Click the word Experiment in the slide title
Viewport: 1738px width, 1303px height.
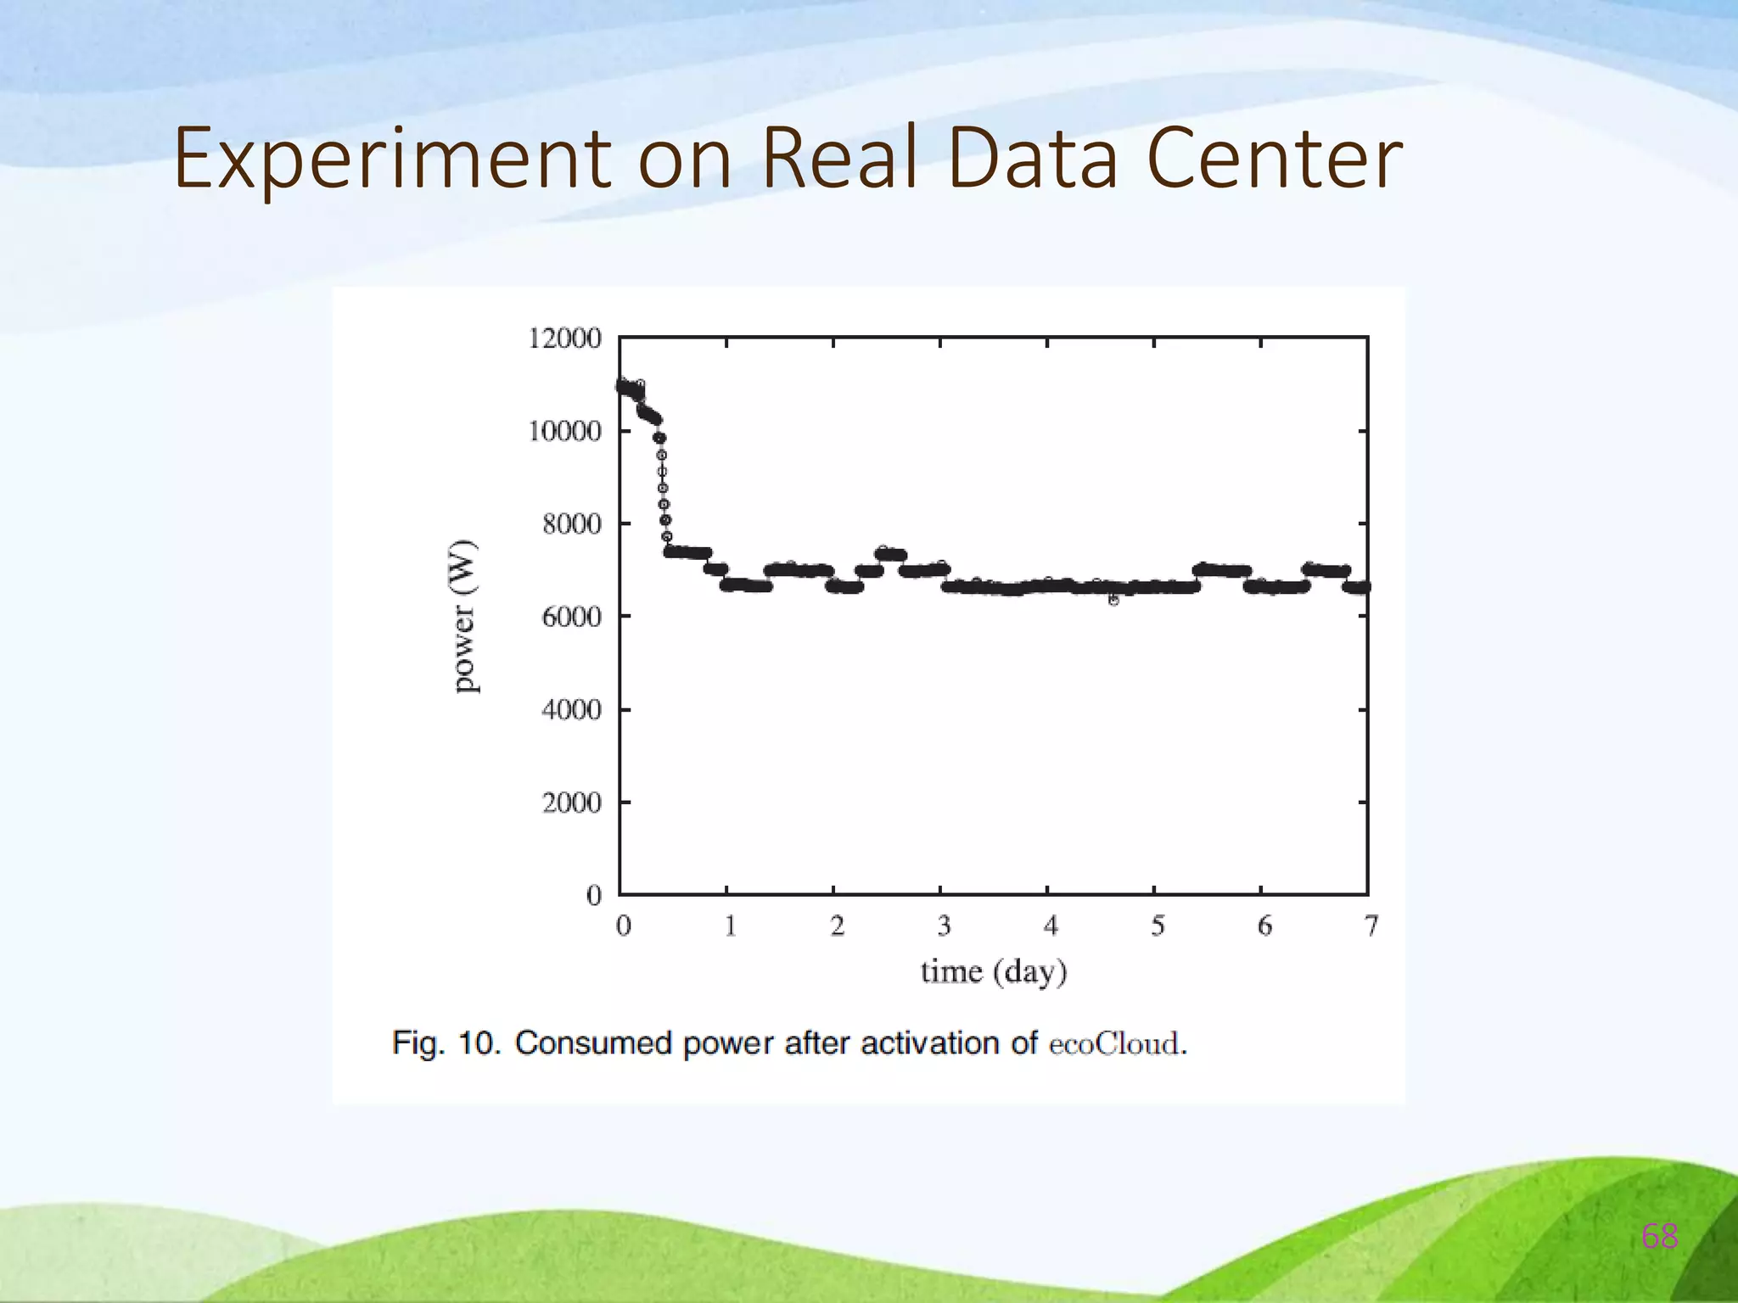(x=391, y=159)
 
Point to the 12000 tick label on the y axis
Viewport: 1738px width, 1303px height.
(x=564, y=338)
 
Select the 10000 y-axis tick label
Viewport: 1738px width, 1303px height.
(x=564, y=431)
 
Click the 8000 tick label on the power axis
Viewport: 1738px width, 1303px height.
(x=571, y=524)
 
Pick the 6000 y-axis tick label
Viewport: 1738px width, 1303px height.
(x=571, y=617)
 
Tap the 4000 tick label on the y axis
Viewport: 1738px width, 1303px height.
(x=571, y=709)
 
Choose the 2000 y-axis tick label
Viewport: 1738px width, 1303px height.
(x=571, y=802)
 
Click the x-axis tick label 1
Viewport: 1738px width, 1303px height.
(x=729, y=926)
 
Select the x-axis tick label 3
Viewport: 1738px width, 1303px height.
(x=943, y=926)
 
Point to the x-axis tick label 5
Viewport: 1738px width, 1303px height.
(x=1157, y=926)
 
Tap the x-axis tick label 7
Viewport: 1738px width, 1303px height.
(x=1371, y=926)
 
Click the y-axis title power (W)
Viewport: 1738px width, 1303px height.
(x=464, y=616)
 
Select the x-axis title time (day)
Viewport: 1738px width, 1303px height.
(x=993, y=971)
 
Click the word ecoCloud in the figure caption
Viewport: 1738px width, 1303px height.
(x=1113, y=1043)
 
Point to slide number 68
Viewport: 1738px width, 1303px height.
(x=1660, y=1237)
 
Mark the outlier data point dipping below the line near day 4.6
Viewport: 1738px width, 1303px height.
(x=1113, y=600)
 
